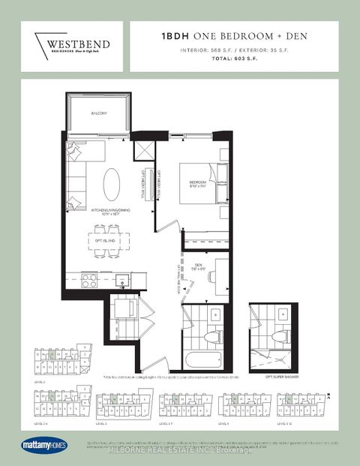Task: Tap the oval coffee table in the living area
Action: pos(110,182)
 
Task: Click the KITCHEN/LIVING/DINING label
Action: pos(110,212)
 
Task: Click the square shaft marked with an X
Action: pos(142,151)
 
